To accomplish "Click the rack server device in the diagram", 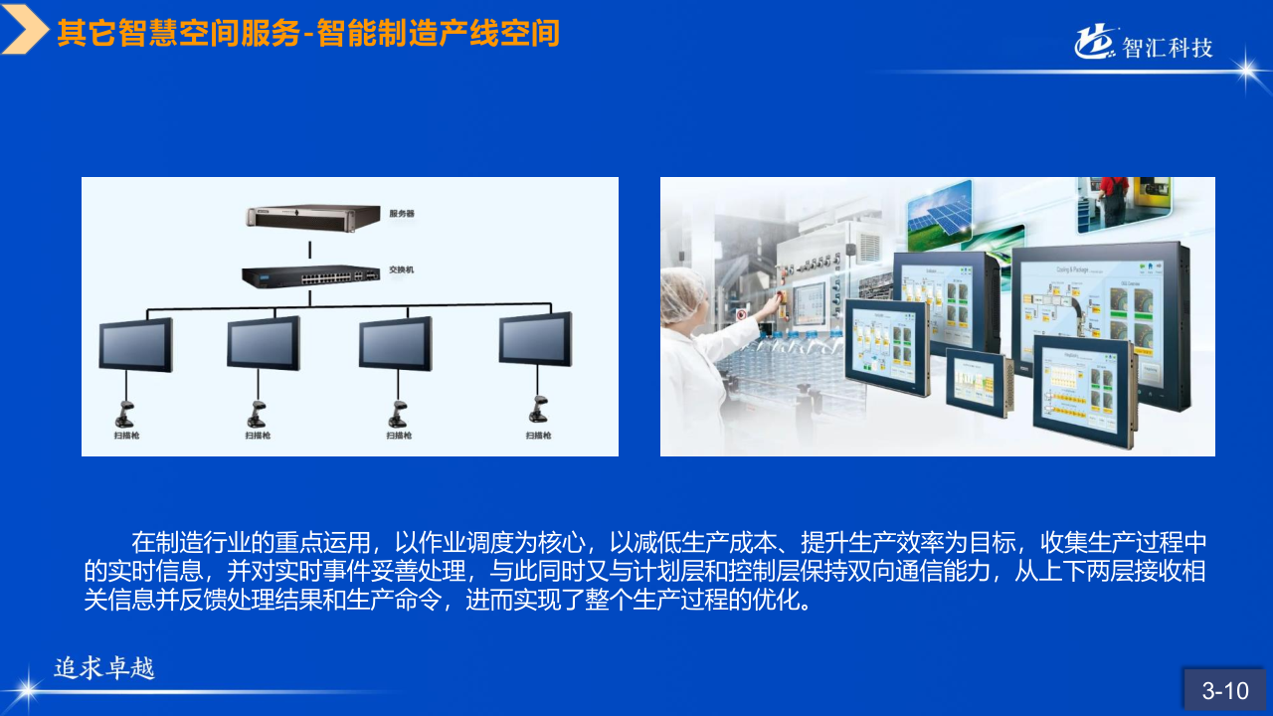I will [314, 216].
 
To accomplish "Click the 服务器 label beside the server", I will [402, 214].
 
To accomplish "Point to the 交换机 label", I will [401, 269].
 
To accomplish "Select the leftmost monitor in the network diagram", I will [135, 343].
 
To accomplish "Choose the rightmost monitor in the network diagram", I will [535, 338].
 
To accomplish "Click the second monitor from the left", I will [264, 342].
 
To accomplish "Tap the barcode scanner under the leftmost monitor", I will [126, 410].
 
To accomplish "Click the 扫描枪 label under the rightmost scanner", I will [539, 435].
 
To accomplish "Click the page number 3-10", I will [1224, 690].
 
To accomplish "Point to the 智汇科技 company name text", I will [1168, 47].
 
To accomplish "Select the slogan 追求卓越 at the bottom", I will [105, 668].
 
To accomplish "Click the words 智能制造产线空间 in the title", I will [439, 34].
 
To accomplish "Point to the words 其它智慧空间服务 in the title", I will [179, 34].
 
